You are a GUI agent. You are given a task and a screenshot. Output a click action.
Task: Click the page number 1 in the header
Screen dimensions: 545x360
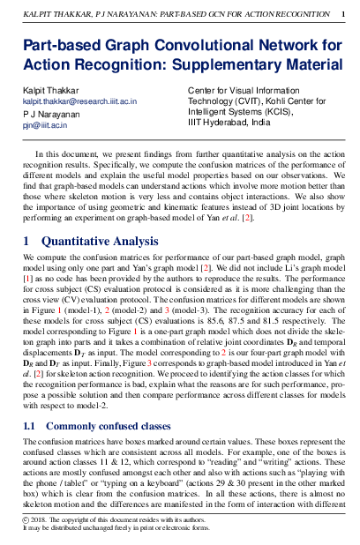342,15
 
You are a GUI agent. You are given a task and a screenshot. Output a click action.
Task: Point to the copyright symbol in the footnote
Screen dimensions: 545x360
26,522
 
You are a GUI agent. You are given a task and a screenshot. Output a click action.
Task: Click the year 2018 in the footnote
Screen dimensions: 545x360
40,522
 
